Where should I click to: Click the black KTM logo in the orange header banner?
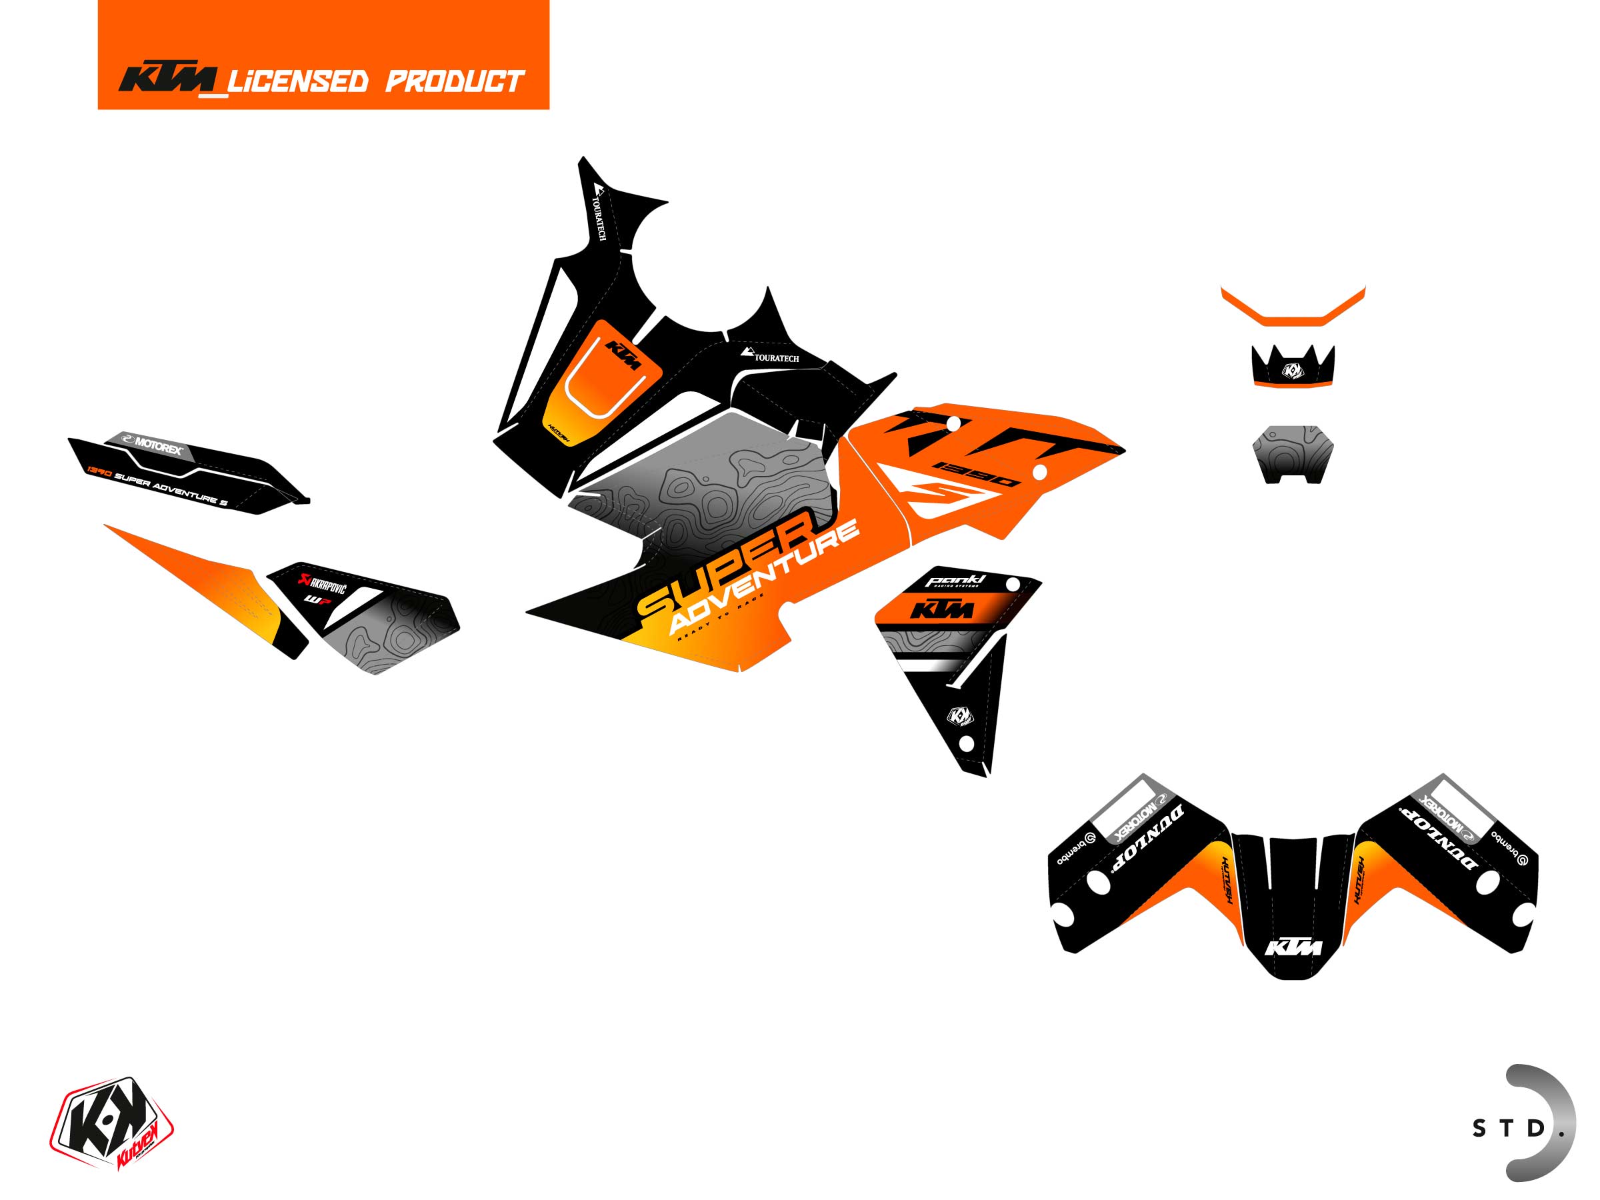(168, 79)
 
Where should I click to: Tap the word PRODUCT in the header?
(454, 81)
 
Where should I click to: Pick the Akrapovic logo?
(323, 582)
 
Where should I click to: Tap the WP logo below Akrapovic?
(315, 599)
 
